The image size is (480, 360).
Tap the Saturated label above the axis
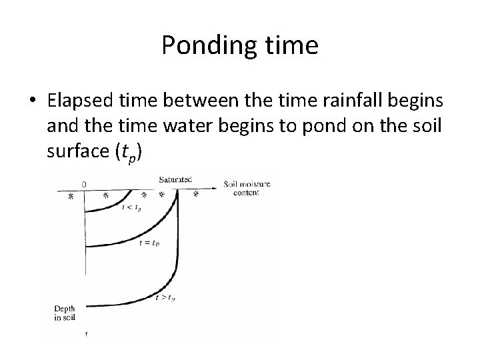click(x=175, y=179)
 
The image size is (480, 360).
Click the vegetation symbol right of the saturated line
click(x=196, y=195)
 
